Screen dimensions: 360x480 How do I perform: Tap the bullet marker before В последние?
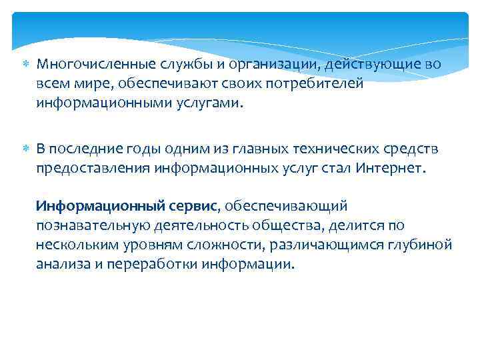pyautogui.click(x=26, y=148)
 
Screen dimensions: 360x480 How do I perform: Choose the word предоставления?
pyautogui.click(x=93, y=168)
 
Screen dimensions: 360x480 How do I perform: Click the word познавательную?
pyautogui.click(x=96, y=226)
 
